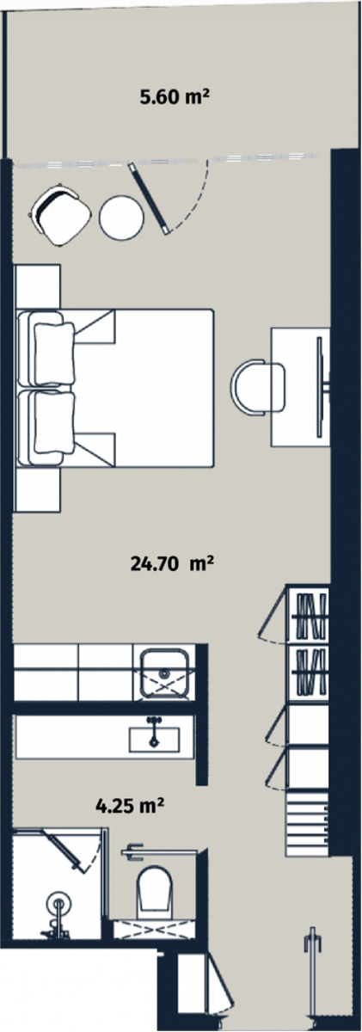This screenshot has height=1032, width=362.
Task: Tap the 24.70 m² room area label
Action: click(172, 563)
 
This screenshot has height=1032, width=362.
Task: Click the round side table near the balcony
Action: click(123, 216)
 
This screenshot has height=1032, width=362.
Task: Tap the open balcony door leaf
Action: click(148, 199)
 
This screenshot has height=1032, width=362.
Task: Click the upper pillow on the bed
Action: click(54, 349)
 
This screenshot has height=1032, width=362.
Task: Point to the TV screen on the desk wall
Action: click(319, 387)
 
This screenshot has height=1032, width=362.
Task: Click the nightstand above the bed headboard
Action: click(38, 286)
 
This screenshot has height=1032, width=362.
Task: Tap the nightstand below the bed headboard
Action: click(38, 490)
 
